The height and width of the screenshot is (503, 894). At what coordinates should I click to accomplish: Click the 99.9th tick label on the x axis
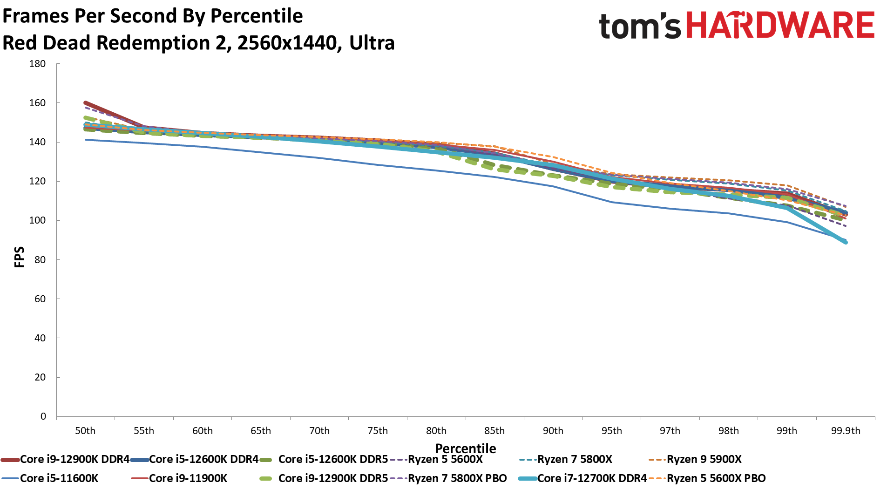tap(845, 431)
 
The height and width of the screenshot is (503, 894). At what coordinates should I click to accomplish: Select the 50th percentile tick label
tap(85, 431)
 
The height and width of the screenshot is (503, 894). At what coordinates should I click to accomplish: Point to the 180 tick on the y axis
tap(37, 64)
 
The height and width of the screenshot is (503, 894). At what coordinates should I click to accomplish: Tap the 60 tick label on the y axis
tap(40, 299)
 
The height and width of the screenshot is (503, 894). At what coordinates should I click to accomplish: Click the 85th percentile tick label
tap(494, 431)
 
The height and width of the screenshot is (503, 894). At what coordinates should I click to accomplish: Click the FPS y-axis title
tap(20, 257)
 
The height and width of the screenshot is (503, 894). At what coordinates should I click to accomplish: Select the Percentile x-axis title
tap(465, 449)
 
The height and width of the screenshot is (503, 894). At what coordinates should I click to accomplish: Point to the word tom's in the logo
tap(640, 26)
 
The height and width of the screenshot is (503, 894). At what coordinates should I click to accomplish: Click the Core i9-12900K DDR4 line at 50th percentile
tap(86, 103)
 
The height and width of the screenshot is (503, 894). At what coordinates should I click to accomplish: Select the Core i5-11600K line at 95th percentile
tap(611, 202)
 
